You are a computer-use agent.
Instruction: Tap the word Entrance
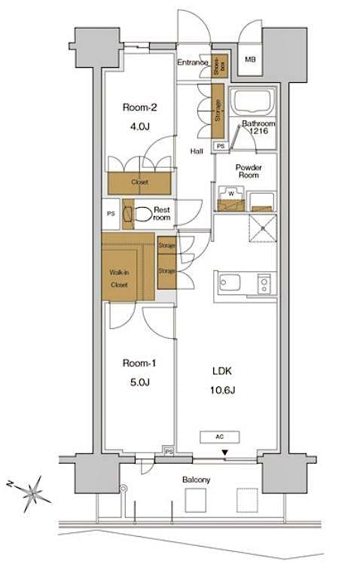click(x=193, y=63)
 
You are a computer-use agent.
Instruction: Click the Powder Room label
click(x=248, y=170)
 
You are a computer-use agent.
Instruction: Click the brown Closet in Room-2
click(x=139, y=181)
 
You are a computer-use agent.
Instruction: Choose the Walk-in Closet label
click(x=118, y=278)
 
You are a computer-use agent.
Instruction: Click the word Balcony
click(x=196, y=480)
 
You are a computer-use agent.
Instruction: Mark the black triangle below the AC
click(x=224, y=453)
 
